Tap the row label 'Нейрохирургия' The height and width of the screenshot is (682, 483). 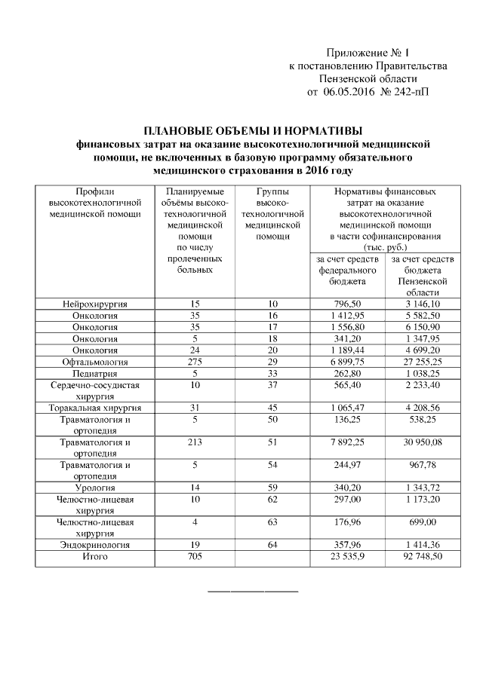click(x=95, y=304)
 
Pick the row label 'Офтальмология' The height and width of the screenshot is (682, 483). click(x=95, y=362)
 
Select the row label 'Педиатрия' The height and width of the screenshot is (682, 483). click(x=95, y=375)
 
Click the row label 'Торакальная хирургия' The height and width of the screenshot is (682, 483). click(x=95, y=408)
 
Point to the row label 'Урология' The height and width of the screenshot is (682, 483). click(x=95, y=488)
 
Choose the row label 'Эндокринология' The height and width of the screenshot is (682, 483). click(x=95, y=545)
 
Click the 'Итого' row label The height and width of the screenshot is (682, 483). click(x=95, y=556)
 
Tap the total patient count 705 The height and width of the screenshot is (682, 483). click(x=195, y=556)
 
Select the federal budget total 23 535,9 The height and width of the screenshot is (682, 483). click(x=347, y=556)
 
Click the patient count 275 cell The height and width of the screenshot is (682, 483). click(x=195, y=362)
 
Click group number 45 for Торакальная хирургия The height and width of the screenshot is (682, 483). click(x=272, y=408)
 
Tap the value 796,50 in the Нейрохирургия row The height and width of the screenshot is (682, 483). click(x=347, y=304)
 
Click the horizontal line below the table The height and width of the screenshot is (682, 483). click(x=253, y=590)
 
